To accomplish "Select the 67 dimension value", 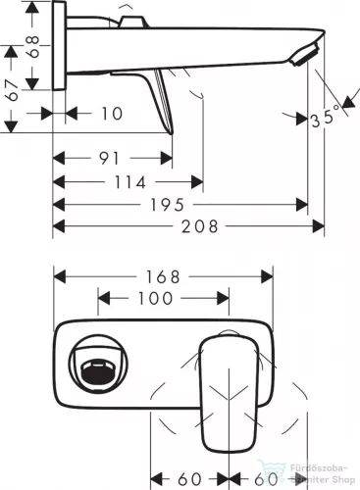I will [12, 90].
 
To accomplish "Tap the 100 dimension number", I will [154, 297].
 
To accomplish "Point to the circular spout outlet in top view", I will [93, 369].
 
